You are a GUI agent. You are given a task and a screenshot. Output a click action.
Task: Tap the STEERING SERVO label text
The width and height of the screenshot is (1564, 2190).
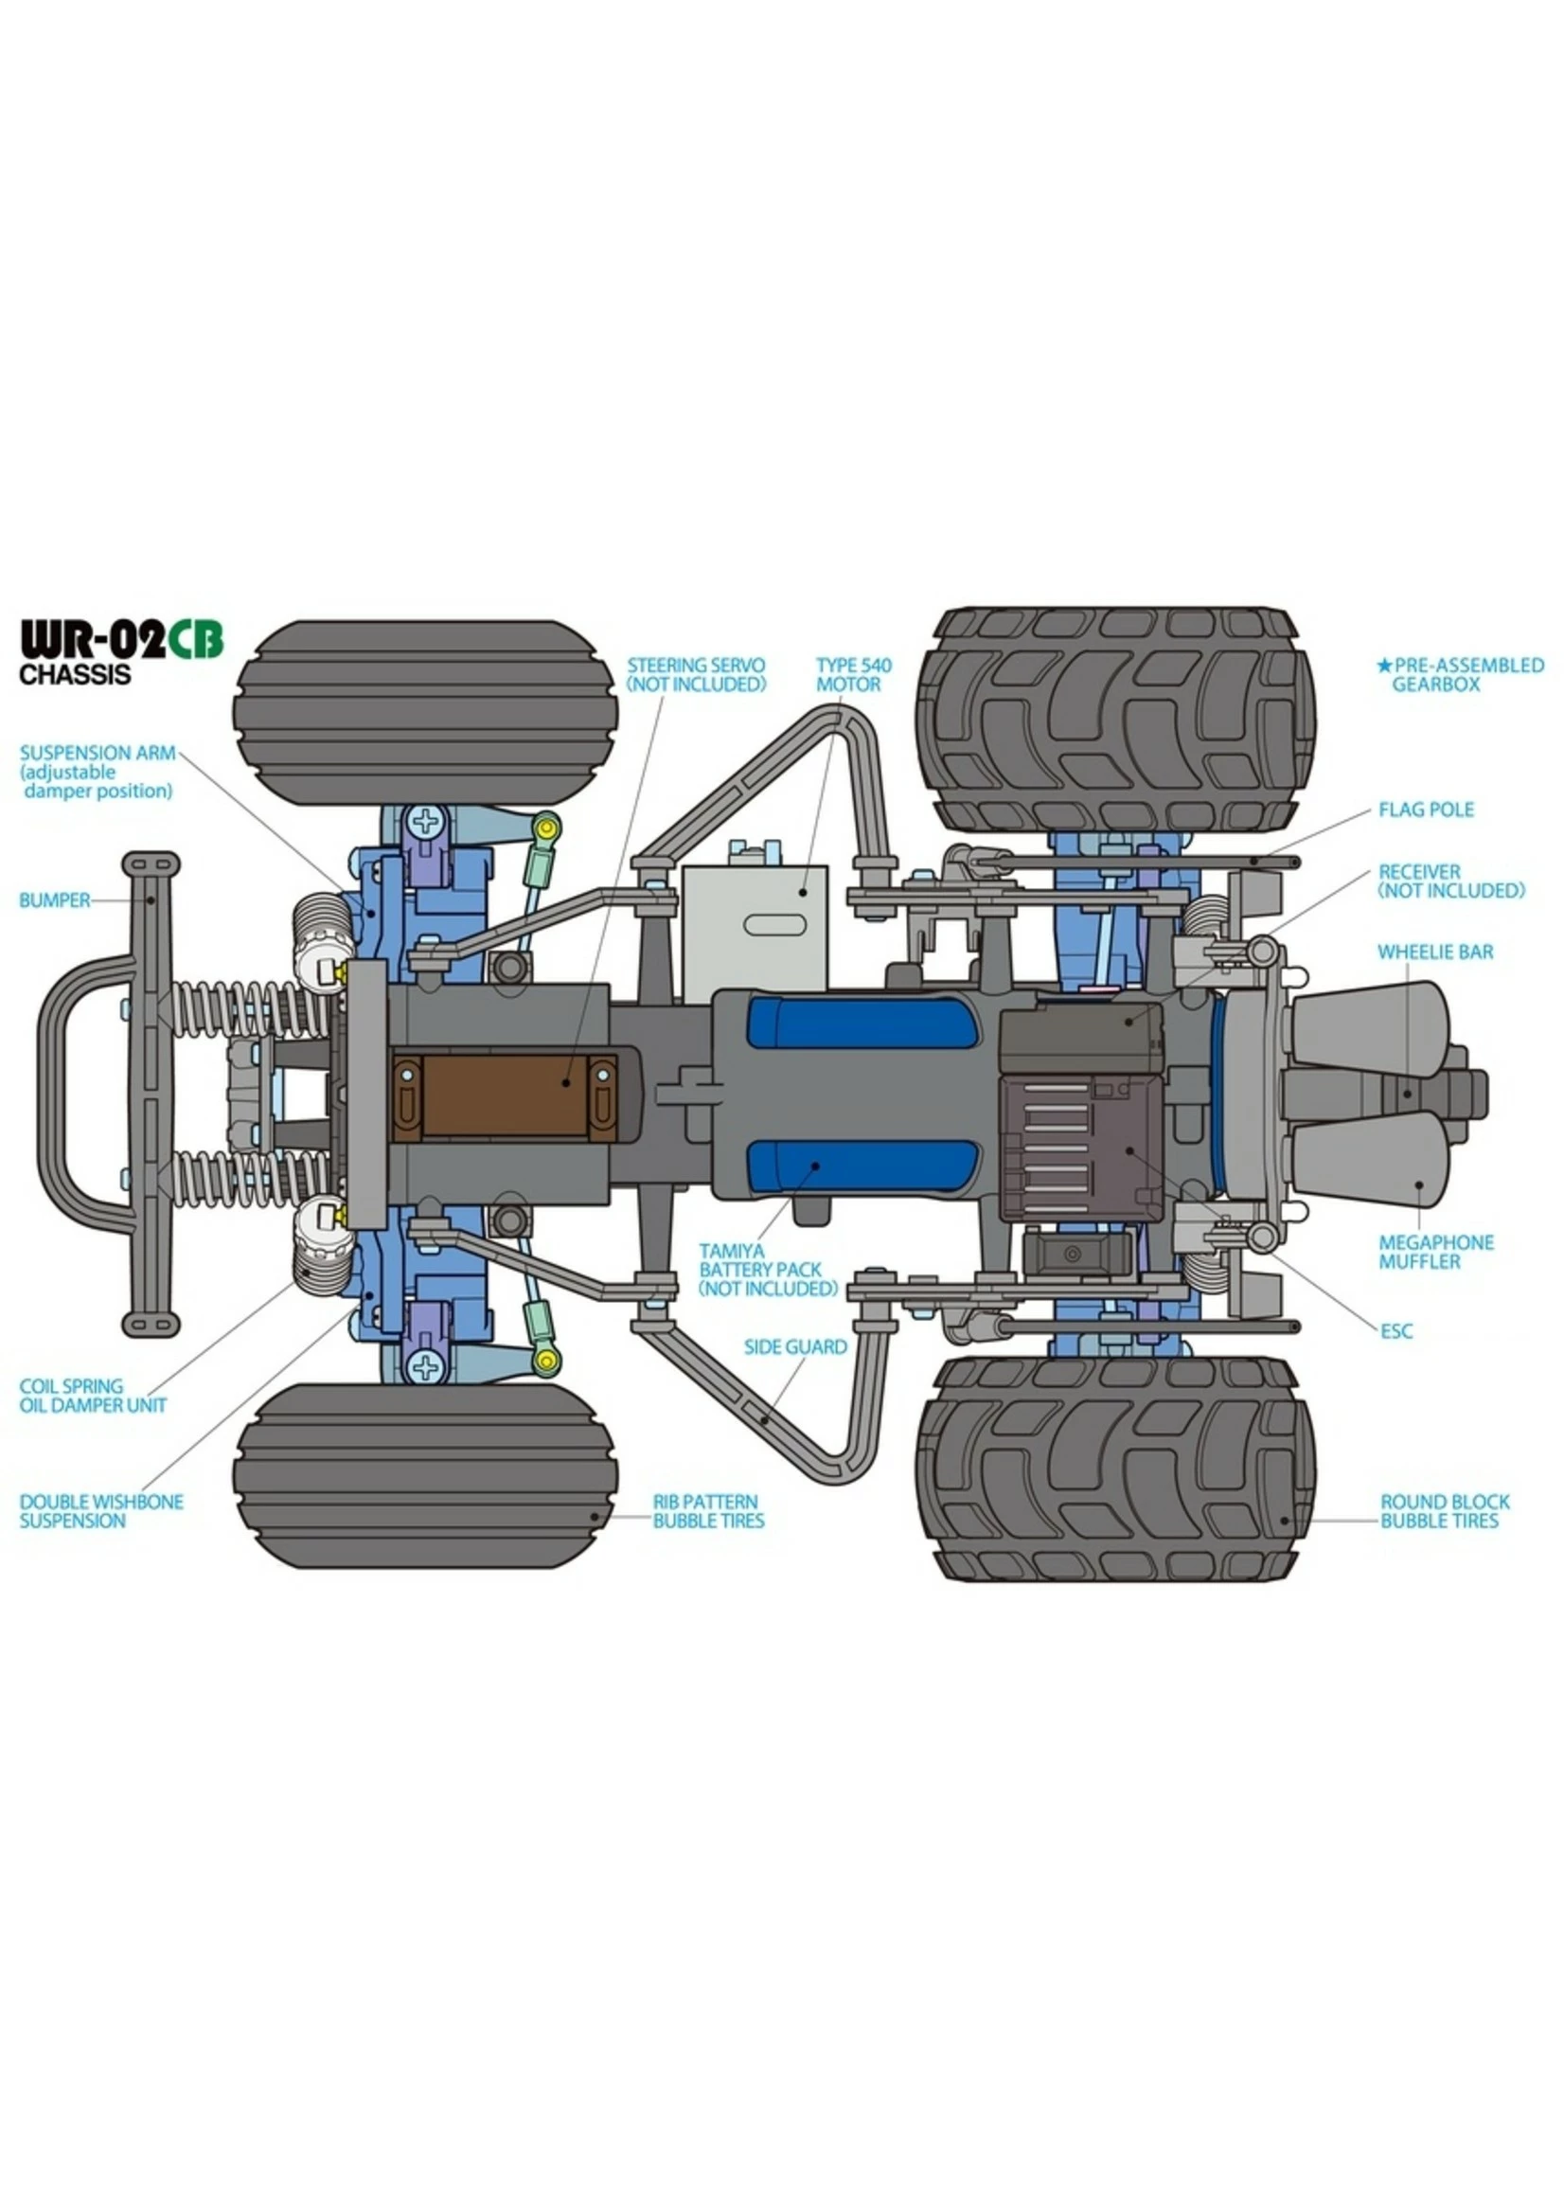click(695, 674)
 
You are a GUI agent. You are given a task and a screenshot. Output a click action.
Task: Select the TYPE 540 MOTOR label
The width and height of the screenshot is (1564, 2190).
click(853, 674)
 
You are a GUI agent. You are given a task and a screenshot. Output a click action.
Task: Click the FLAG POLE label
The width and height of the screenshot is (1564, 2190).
click(1426, 810)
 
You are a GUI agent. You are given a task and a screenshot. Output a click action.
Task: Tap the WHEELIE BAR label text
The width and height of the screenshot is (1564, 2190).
click(1435, 952)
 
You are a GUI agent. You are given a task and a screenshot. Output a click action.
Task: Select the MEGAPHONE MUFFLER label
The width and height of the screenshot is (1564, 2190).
click(1435, 1252)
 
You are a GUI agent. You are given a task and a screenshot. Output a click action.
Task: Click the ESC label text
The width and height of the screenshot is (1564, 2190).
click(1395, 1331)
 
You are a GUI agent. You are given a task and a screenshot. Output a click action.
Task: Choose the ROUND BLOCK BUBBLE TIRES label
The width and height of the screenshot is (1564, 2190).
click(1445, 1511)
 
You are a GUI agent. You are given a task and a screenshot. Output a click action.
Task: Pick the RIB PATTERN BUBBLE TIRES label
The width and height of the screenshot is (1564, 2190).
click(708, 1511)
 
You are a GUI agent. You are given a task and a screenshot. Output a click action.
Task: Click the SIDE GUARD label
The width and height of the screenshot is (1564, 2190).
click(794, 1346)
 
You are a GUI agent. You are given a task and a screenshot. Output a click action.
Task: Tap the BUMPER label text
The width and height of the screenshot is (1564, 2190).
click(54, 900)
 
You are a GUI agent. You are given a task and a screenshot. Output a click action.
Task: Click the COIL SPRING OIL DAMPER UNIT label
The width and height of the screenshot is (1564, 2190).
click(93, 1396)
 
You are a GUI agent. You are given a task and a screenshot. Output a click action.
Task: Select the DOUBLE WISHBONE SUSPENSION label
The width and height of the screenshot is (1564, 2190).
click(100, 1511)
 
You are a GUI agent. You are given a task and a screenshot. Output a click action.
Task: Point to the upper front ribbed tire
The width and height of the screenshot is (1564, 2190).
click(425, 712)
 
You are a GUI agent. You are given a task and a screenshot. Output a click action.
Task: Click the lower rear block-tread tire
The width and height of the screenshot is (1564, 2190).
click(1115, 1469)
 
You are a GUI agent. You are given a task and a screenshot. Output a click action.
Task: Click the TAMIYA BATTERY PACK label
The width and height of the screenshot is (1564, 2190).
click(768, 1270)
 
